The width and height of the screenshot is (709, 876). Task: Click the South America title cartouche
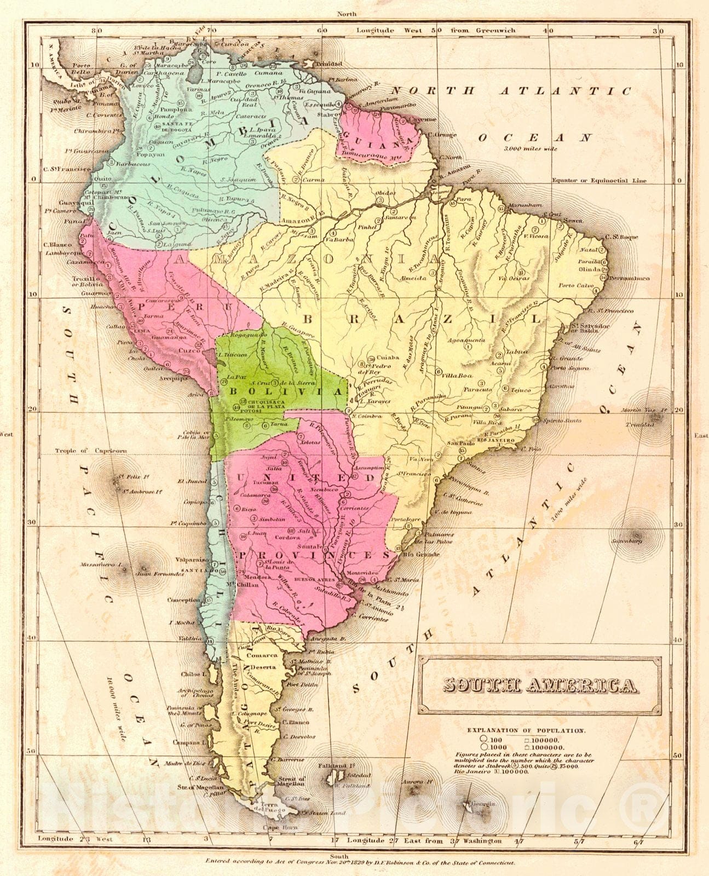[x=539, y=685]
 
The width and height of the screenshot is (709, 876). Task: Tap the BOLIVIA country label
[x=279, y=391]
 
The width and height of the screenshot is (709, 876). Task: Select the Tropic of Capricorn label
[x=91, y=451]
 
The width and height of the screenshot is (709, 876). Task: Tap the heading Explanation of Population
[x=526, y=730]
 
